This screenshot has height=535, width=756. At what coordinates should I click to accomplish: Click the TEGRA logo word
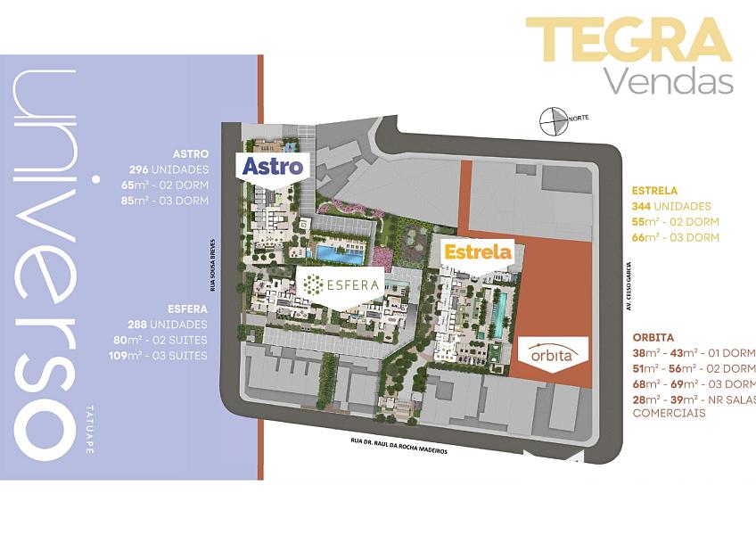(629, 39)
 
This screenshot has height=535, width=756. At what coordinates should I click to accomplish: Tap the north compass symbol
(553, 121)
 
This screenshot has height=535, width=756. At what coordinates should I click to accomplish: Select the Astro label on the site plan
(273, 166)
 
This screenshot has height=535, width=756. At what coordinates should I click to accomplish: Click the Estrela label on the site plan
(477, 251)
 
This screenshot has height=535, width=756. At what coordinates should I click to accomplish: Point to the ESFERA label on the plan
(341, 284)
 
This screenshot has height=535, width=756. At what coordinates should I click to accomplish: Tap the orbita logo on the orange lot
(551, 354)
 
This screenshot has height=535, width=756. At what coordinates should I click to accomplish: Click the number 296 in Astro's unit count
(139, 169)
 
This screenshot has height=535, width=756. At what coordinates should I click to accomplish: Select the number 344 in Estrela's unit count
(641, 207)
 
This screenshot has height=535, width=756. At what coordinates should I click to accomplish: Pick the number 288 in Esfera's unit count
(137, 325)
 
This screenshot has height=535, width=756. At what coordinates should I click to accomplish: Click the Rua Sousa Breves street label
(212, 265)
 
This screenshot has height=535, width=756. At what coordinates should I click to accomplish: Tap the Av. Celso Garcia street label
(629, 286)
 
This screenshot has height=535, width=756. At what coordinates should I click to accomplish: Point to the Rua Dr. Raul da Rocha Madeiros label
(399, 445)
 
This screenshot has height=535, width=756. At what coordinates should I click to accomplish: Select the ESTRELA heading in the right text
(654, 191)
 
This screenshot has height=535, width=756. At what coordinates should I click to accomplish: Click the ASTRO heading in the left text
(191, 154)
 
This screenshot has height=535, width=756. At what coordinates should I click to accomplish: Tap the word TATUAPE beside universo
(89, 430)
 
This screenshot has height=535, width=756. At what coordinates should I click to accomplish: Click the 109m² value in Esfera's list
(125, 356)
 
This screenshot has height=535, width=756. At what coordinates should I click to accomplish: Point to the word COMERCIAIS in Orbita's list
(669, 414)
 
